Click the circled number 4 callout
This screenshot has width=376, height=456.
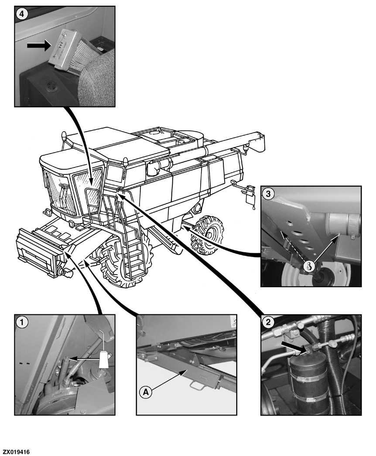pos(22,13)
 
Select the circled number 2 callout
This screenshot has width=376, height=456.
pos(268,322)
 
